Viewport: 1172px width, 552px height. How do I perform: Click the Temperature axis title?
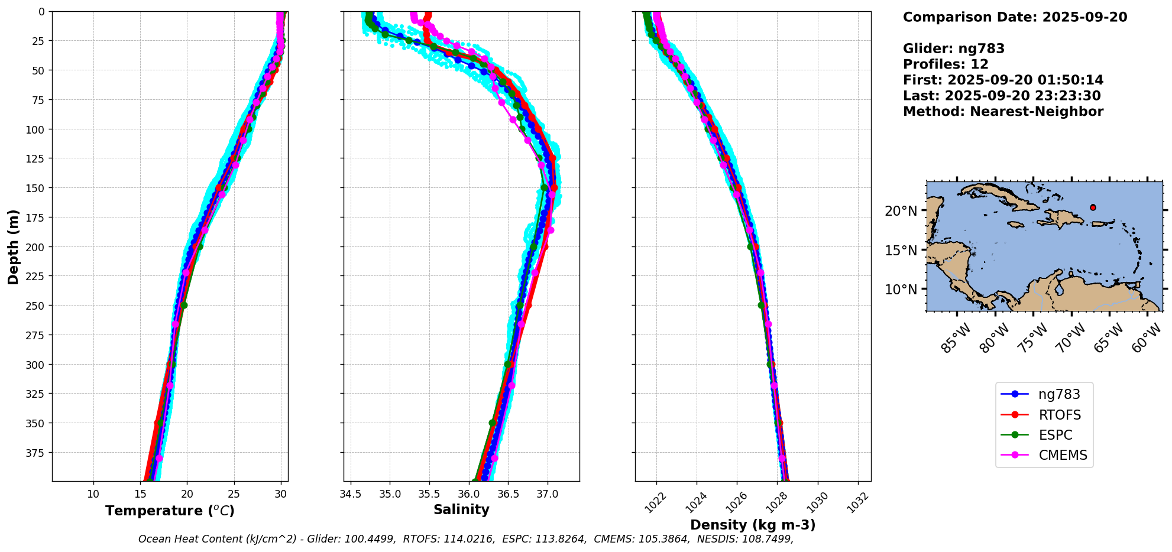[x=170, y=511]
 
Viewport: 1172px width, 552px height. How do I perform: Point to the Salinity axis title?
[x=461, y=509]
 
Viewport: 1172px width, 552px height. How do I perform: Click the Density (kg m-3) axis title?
[x=753, y=525]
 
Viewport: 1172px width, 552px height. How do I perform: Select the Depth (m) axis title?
[x=13, y=246]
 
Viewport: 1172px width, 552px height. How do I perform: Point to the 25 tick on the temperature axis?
[x=234, y=494]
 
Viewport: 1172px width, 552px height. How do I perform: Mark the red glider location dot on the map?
[x=1093, y=207]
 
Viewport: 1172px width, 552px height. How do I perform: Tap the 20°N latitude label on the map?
[x=901, y=211]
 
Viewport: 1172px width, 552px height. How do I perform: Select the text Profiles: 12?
[x=946, y=64]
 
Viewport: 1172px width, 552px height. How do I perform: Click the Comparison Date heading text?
[x=1015, y=17]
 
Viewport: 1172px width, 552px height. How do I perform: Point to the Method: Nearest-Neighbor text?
[x=1003, y=112]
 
